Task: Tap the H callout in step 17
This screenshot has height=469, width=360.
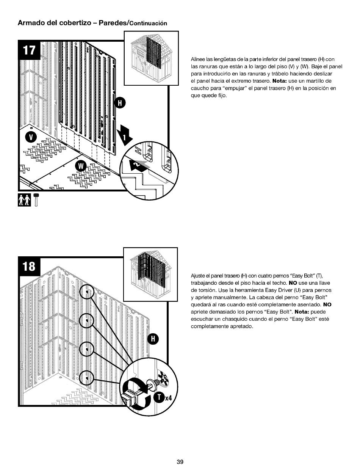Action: [x=121, y=103]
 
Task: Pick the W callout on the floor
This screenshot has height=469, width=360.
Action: [x=81, y=166]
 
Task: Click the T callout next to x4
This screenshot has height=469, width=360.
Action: [x=159, y=398]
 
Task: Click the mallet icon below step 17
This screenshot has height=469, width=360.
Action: [x=36, y=200]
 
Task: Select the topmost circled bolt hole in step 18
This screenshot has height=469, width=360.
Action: [x=87, y=293]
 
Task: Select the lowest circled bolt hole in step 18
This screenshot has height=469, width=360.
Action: [x=87, y=378]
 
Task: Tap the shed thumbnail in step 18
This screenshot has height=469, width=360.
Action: [x=150, y=274]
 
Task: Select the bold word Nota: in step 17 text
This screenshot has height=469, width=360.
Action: [x=280, y=81]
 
